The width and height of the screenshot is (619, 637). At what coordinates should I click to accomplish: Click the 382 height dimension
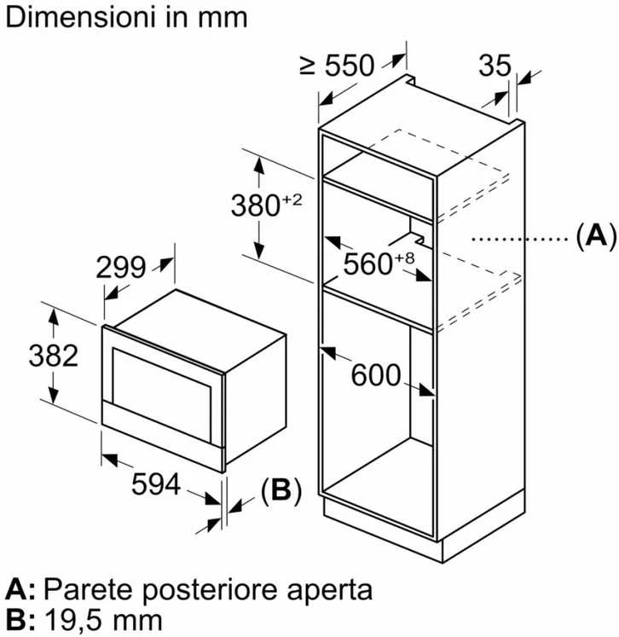click(53, 356)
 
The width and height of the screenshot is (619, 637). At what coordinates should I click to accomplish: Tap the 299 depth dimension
click(120, 267)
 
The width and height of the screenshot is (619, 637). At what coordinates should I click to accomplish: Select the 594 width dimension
click(156, 484)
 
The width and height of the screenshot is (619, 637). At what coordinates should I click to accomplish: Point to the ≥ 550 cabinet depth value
click(337, 65)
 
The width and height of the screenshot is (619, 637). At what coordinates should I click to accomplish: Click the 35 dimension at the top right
click(495, 65)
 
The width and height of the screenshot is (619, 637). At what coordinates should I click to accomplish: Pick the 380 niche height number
click(256, 206)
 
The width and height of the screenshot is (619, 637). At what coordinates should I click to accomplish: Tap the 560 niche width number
click(367, 264)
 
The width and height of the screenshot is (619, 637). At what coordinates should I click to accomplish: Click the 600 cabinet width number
click(376, 375)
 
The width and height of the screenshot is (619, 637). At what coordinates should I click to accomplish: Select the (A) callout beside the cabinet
click(596, 237)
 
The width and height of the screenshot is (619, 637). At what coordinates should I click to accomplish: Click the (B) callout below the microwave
click(281, 490)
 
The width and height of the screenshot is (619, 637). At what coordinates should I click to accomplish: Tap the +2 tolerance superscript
click(292, 200)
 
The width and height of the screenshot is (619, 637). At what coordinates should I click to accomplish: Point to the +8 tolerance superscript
click(404, 258)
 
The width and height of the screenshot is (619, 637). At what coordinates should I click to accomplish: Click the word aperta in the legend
click(329, 591)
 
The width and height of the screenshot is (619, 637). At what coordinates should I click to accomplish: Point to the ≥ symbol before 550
click(308, 66)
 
